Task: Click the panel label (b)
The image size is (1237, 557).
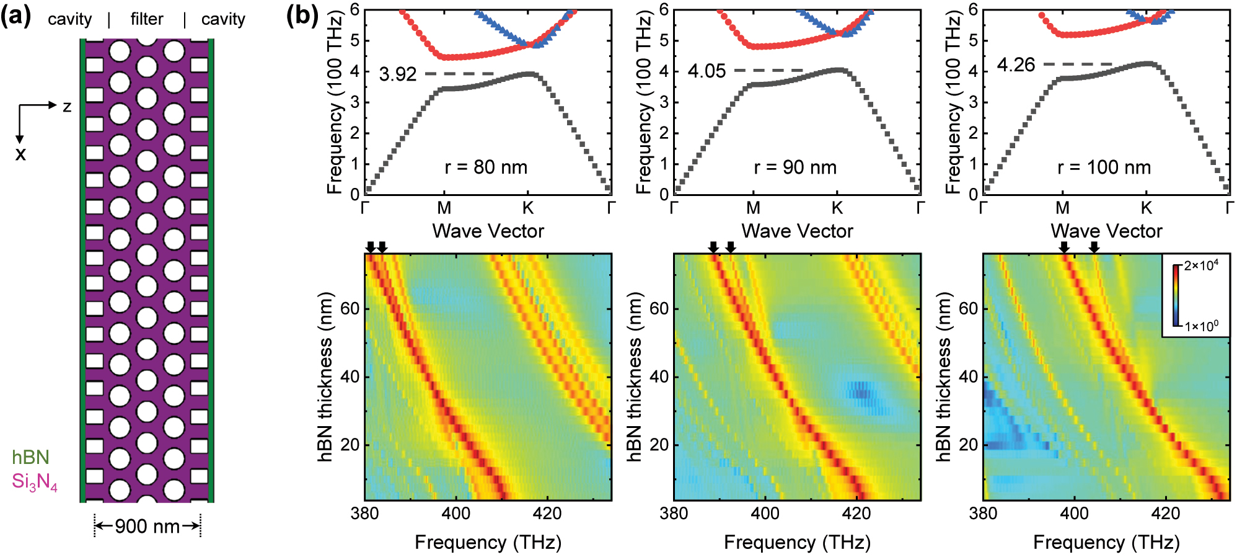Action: (302, 15)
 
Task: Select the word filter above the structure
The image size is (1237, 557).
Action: (147, 19)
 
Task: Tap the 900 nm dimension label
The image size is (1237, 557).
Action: (147, 527)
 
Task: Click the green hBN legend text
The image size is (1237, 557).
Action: (30, 458)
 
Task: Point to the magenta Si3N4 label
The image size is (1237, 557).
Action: (35, 482)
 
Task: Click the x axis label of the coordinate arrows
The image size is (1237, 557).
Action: (20, 154)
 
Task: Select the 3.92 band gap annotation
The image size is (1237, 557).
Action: (397, 74)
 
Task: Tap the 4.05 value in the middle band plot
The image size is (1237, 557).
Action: (707, 71)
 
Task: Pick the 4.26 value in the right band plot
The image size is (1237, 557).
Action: (1016, 65)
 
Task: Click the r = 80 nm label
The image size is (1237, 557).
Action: (486, 167)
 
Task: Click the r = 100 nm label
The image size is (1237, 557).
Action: (1104, 167)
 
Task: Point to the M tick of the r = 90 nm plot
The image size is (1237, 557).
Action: (753, 208)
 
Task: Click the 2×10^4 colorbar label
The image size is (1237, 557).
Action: (1201, 266)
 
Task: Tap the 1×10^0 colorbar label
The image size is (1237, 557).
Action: (1201, 326)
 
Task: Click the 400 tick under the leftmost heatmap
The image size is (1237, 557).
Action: (456, 514)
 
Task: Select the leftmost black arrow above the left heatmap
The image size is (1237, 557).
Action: (371, 247)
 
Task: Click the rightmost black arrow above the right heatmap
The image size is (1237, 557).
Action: (1094, 247)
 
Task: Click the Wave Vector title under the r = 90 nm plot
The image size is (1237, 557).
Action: (797, 231)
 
